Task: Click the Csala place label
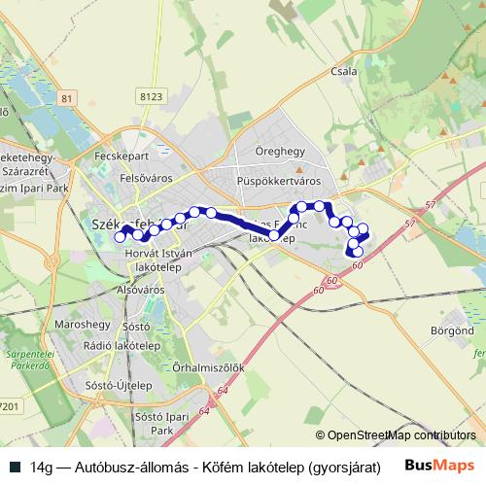point(344,71)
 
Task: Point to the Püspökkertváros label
point(278,181)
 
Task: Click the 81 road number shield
point(66,99)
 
